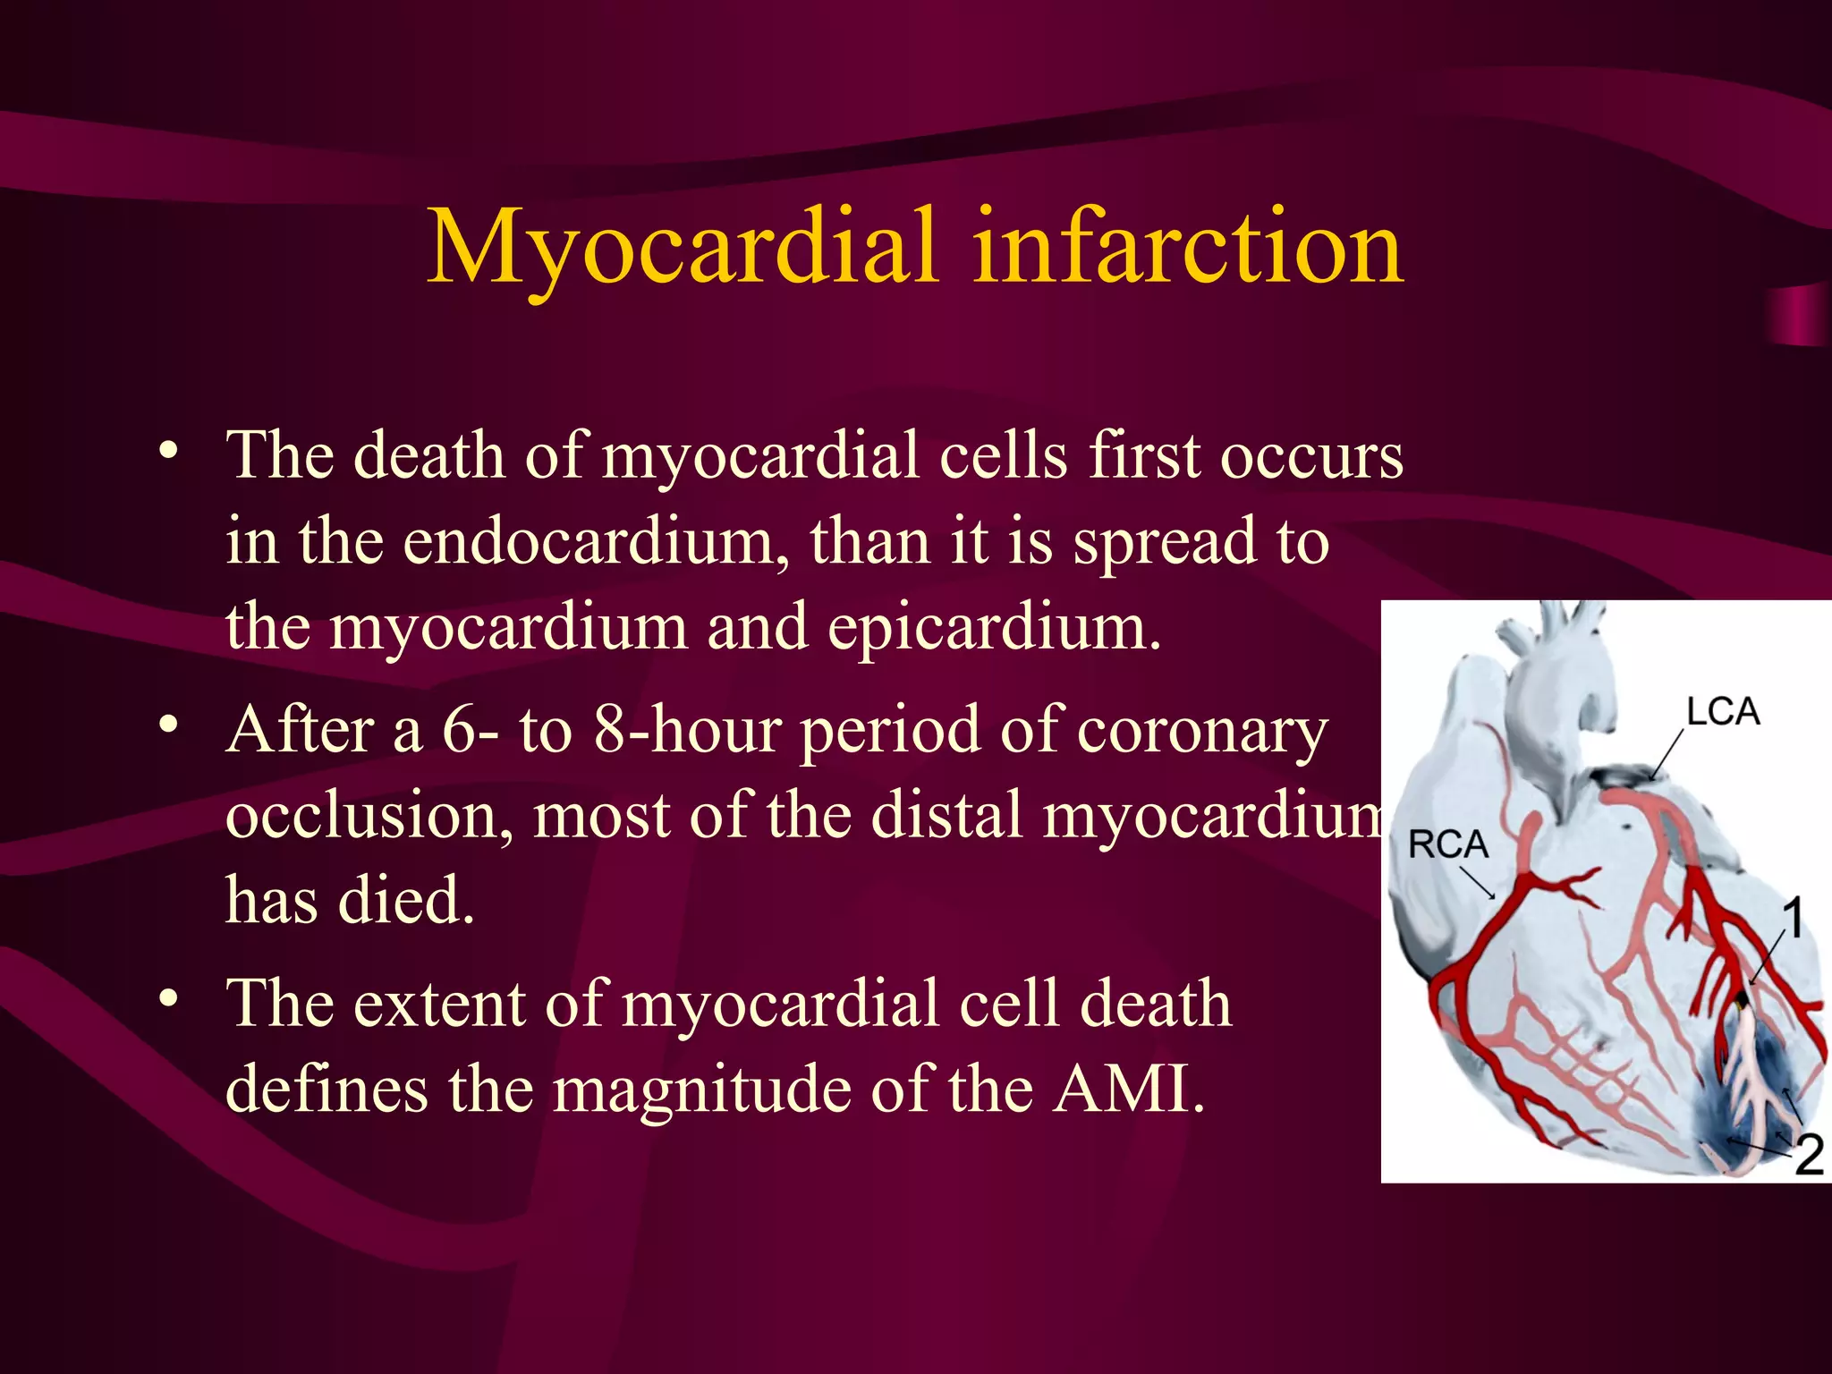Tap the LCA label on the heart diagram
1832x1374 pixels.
click(1723, 712)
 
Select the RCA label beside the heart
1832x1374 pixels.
click(1447, 844)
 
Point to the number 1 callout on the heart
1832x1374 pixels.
click(1793, 919)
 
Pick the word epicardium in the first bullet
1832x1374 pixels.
click(993, 627)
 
